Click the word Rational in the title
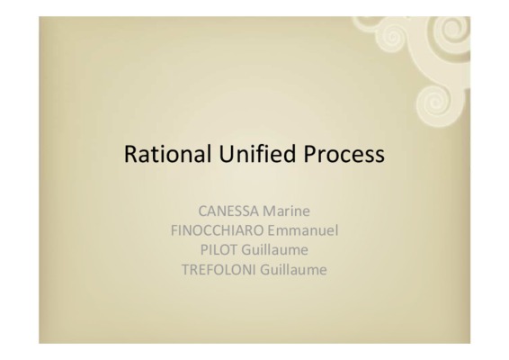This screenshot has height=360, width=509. tap(167, 154)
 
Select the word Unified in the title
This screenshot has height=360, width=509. tap(257, 153)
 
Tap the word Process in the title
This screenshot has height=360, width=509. tap(344, 154)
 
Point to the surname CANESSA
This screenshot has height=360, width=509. tap(228, 211)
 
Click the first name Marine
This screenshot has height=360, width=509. tap(286, 211)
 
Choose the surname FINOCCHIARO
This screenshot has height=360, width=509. tap(217, 230)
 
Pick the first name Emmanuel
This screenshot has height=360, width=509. tap(303, 230)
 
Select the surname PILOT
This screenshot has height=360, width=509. tap(219, 250)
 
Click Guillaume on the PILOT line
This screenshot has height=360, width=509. tap(274, 250)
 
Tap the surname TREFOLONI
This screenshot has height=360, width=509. tap(219, 270)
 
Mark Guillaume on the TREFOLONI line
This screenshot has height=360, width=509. tap(293, 270)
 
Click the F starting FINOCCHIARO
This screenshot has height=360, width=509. tap(174, 230)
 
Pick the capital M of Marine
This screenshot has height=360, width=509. tap(269, 211)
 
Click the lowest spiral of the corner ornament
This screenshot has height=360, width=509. tap(435, 104)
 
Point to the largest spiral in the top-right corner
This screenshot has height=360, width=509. tap(451, 32)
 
